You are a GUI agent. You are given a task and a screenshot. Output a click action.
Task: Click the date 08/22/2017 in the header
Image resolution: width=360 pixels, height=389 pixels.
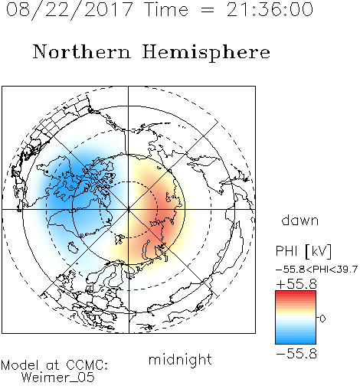[70, 9]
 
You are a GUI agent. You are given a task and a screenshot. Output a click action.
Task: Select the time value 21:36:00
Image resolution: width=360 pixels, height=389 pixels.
[270, 9]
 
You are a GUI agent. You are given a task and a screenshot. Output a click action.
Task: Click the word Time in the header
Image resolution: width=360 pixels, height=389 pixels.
[166, 9]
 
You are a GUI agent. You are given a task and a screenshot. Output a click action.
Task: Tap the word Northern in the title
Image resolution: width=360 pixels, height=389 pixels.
[82, 51]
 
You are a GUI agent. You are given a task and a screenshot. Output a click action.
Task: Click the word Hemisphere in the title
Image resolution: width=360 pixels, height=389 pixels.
[206, 53]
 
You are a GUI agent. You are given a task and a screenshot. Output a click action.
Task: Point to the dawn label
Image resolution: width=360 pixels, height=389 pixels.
[300, 220]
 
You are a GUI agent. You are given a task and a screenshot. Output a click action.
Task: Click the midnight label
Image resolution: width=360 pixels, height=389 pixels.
[180, 359]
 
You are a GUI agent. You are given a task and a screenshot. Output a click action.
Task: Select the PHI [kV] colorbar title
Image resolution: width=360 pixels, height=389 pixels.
[303, 251]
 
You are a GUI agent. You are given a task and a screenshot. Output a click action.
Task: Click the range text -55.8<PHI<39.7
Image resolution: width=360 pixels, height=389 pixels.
[316, 270]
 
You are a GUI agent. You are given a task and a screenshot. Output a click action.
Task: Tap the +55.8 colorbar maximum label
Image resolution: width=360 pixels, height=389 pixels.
[296, 284]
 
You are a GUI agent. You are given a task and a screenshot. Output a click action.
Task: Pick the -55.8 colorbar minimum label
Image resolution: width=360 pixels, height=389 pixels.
[296, 354]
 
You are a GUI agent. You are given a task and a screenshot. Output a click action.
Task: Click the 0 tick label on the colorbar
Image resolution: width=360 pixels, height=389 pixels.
[322, 319]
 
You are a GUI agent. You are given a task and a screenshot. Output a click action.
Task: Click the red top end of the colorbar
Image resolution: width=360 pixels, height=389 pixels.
[296, 293]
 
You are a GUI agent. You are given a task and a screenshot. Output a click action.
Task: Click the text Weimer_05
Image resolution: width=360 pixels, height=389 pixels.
[57, 378]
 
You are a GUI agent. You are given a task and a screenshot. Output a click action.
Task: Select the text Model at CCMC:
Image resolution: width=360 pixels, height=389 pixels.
[54, 365]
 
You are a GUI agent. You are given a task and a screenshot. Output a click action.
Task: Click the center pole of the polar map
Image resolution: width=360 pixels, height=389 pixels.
[129, 209]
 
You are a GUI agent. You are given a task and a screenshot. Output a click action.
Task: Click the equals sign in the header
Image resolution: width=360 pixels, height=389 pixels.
[208, 10]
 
